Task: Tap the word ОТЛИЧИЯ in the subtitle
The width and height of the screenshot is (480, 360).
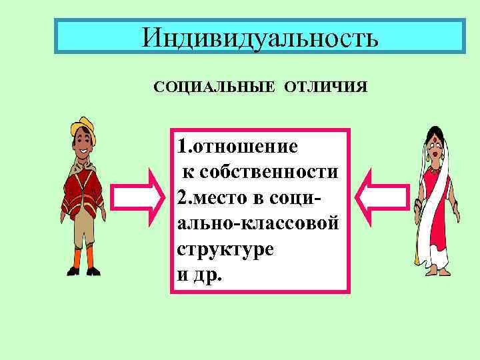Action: (325, 88)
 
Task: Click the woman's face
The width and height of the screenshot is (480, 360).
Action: (434, 151)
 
